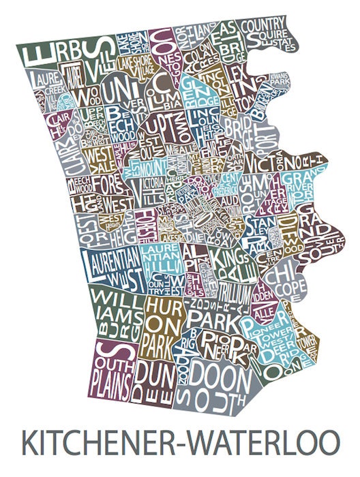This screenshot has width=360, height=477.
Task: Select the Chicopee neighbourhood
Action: click(x=282, y=280)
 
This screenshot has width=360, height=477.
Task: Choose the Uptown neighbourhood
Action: click(x=161, y=133)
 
